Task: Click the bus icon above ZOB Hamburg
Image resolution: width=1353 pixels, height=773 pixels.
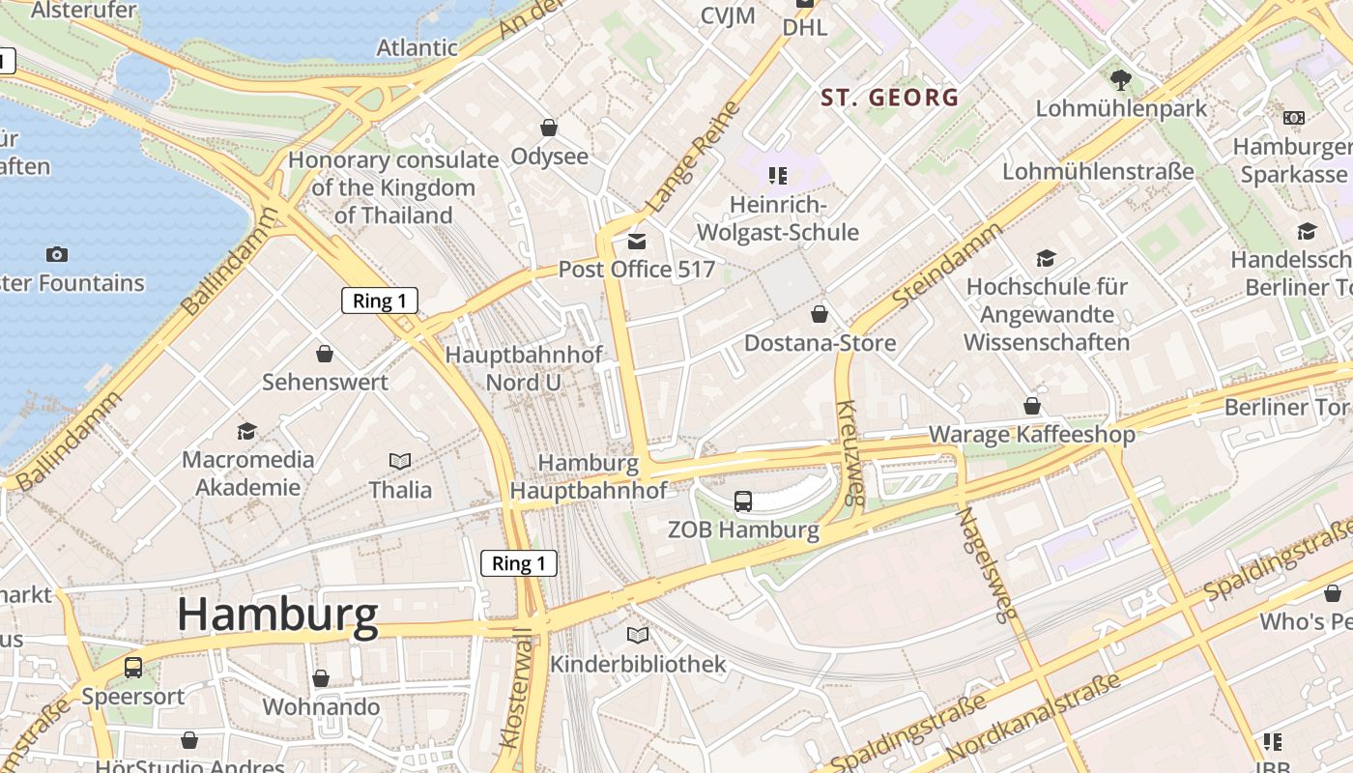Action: click(x=742, y=501)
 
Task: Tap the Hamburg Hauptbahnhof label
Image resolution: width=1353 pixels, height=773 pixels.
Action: click(x=588, y=476)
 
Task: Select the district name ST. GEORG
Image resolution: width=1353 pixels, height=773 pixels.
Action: click(x=889, y=97)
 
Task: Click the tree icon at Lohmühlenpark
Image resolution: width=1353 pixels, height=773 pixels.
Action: click(x=1121, y=79)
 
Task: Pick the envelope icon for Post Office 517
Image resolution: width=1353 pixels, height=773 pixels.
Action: click(x=636, y=241)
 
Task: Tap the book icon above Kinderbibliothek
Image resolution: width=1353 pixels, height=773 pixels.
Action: click(x=637, y=635)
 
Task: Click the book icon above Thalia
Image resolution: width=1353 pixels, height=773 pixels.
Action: click(x=400, y=461)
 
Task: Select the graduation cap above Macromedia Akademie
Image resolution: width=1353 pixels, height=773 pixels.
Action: click(x=247, y=430)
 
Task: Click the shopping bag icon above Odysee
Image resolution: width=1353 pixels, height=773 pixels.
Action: click(x=549, y=128)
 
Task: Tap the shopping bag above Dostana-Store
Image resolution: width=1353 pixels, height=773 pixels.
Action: click(x=820, y=314)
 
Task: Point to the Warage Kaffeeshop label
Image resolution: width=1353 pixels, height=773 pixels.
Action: click(x=1031, y=435)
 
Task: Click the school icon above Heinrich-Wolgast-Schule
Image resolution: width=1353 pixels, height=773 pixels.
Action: click(x=778, y=176)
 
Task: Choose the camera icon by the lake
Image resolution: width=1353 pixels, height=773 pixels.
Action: click(x=57, y=254)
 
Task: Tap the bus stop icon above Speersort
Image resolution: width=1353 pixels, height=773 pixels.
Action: click(x=133, y=667)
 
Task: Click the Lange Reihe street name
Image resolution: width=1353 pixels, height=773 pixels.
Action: click(x=693, y=157)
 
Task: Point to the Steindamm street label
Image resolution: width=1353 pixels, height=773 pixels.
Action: click(x=948, y=266)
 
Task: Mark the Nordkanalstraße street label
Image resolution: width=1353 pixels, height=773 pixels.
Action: click(x=1034, y=716)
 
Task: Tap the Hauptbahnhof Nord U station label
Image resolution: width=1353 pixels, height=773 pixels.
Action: click(x=523, y=368)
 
